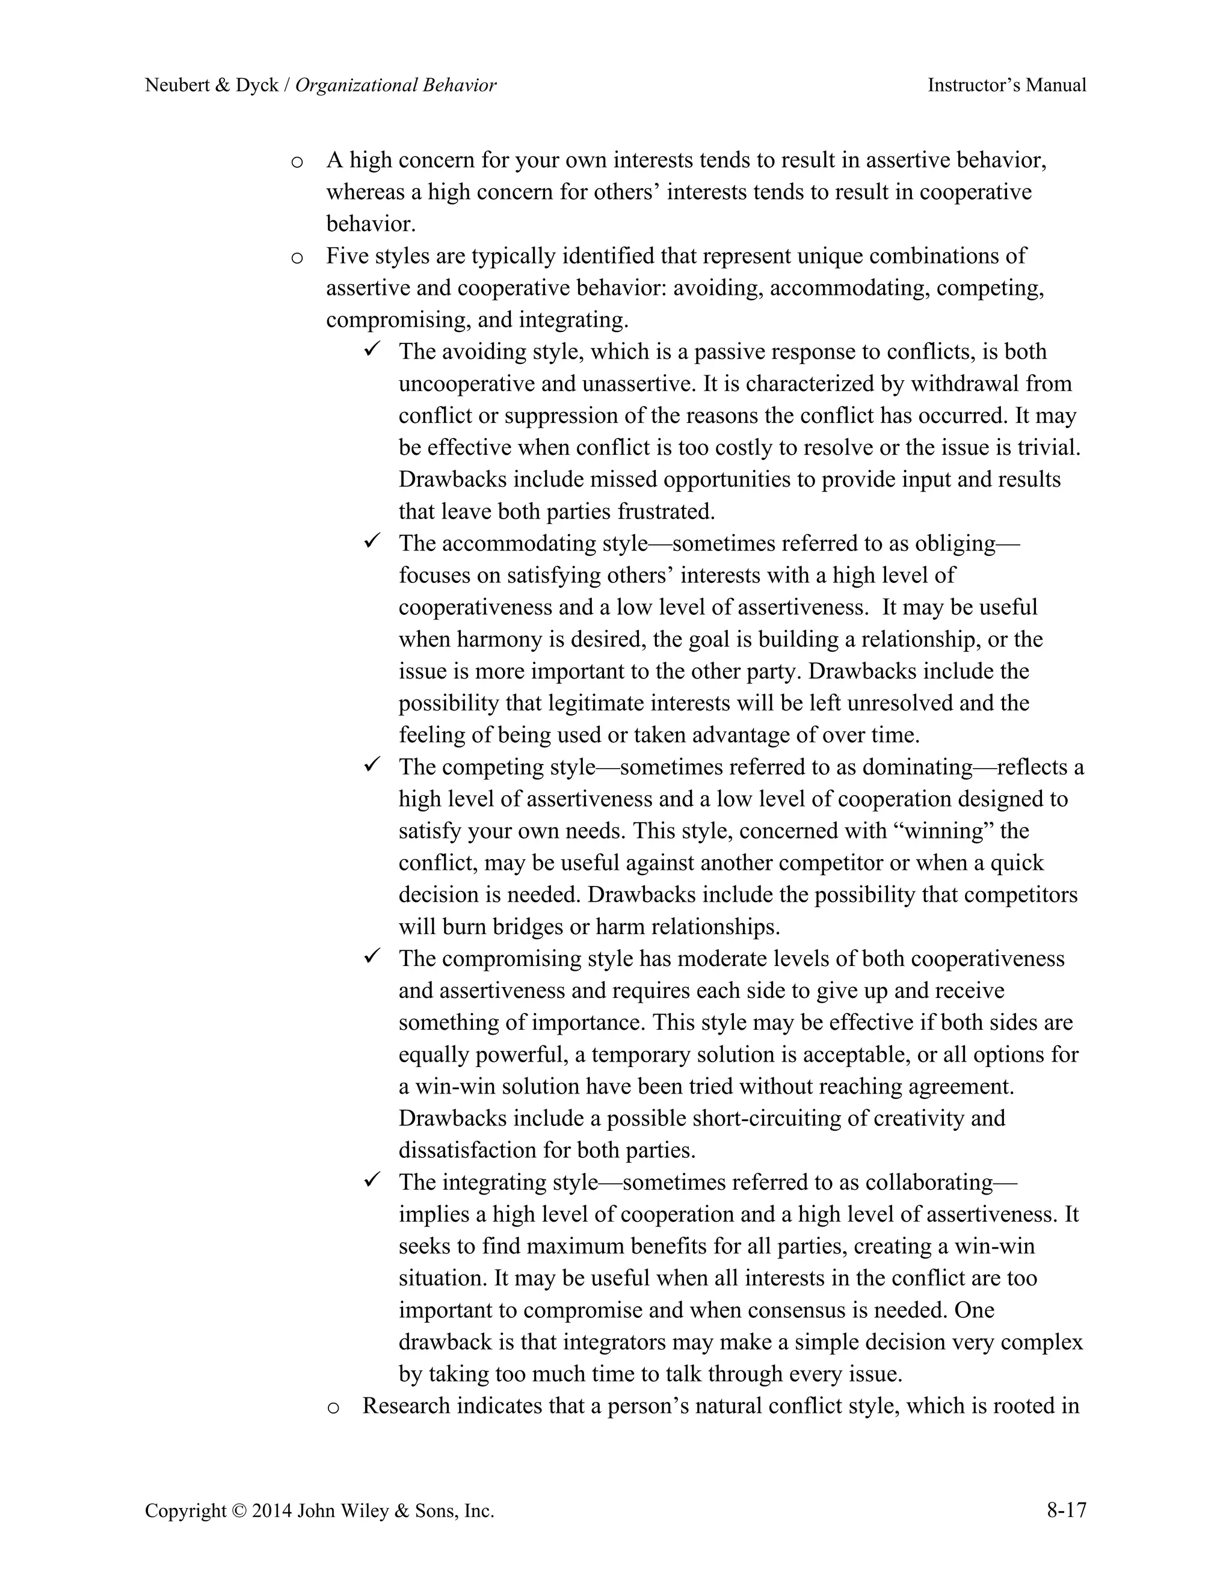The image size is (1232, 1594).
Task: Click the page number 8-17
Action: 1067,1510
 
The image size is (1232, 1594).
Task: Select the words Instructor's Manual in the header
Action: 1006,85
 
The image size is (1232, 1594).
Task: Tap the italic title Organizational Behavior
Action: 396,85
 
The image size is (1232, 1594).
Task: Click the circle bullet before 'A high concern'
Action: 297,162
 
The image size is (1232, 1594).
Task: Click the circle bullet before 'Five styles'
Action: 297,257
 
